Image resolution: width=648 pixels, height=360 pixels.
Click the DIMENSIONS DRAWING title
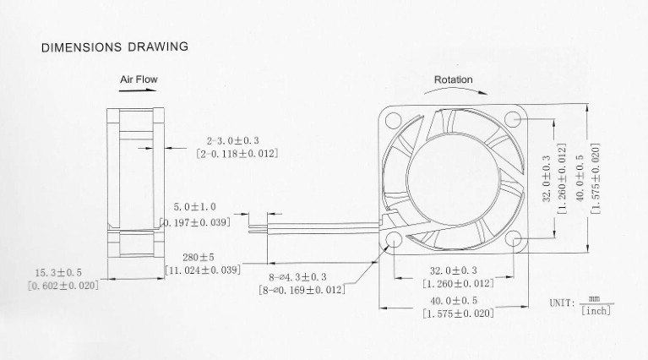[x=114, y=46]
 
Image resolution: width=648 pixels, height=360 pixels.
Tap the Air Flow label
[x=139, y=79]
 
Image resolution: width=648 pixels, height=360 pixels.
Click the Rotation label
[x=454, y=79]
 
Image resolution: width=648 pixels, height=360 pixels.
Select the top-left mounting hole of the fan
[x=393, y=120]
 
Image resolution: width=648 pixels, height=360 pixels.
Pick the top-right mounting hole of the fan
[x=513, y=119]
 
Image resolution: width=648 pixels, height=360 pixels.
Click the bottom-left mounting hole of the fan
[x=393, y=240]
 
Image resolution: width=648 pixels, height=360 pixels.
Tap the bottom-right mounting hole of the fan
[x=513, y=238]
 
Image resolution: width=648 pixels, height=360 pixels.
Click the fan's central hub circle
[x=454, y=179]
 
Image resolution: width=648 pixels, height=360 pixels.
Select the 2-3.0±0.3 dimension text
[x=232, y=141]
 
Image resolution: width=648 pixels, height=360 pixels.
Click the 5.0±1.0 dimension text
[x=194, y=207]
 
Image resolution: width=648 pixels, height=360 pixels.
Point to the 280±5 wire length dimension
[x=199, y=258]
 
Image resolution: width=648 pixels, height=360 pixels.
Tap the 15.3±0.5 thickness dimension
[x=58, y=273]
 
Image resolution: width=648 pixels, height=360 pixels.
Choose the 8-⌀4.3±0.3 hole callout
[x=297, y=277]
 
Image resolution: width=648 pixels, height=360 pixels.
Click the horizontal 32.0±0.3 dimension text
[x=454, y=270]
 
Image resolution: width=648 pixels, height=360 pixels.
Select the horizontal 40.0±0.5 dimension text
[x=454, y=301]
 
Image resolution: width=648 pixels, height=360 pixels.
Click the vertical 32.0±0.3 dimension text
[x=547, y=178]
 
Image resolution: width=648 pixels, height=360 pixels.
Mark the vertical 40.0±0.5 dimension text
[x=580, y=178]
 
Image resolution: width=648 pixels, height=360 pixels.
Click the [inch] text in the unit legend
[x=596, y=310]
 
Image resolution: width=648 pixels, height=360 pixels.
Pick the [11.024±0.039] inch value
[x=203, y=270]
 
